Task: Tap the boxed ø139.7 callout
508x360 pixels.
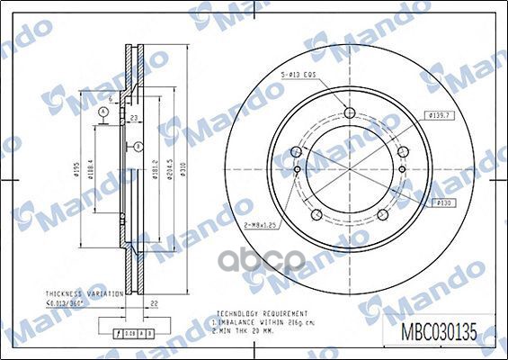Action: (x=440, y=115)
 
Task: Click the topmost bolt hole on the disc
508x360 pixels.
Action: (x=349, y=112)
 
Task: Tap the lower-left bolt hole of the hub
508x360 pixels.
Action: (x=316, y=213)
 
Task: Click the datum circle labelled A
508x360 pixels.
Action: (x=104, y=112)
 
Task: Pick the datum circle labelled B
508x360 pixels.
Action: (x=138, y=146)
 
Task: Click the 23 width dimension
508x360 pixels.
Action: (x=132, y=118)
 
